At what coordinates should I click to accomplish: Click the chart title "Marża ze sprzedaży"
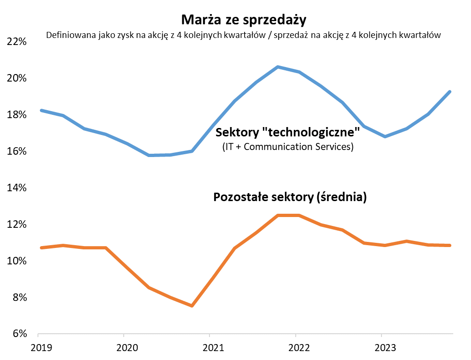pyautogui.click(x=243, y=20)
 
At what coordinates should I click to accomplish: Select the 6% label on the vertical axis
pyautogui.click(x=18, y=334)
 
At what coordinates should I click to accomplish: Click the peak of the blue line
pyautogui.click(x=278, y=67)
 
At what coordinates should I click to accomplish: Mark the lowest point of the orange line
pyautogui.click(x=192, y=306)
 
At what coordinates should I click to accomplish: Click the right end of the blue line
pyautogui.click(x=450, y=92)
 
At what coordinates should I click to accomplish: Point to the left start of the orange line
pyautogui.click(x=42, y=247)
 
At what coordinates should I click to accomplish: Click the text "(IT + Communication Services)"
pyautogui.click(x=287, y=147)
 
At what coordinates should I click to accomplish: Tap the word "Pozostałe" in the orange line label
pyautogui.click(x=240, y=197)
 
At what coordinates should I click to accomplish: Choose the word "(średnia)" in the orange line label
pyautogui.click(x=341, y=197)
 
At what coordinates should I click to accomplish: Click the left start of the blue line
pyautogui.click(x=42, y=111)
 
